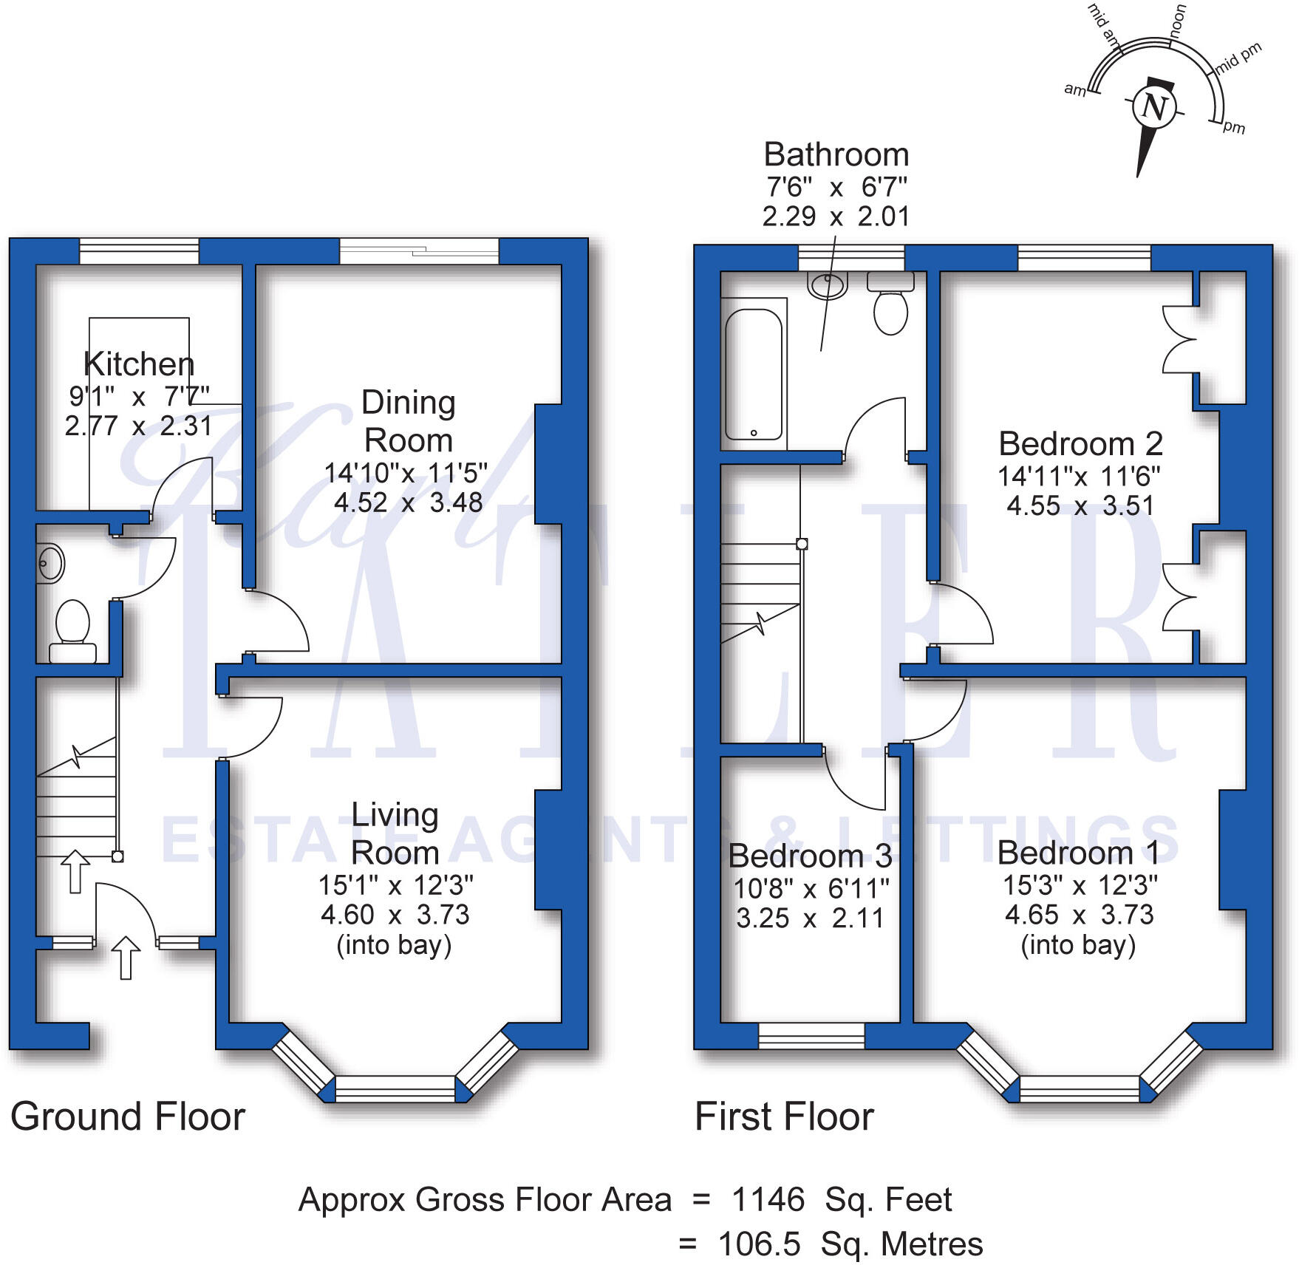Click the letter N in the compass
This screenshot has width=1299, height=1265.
1154,107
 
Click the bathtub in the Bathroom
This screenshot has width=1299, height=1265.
753,375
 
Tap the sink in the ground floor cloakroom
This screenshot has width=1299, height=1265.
50,564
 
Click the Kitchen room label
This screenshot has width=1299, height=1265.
139,364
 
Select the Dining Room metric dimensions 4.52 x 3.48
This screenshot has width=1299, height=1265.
408,502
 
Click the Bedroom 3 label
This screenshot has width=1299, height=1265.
810,856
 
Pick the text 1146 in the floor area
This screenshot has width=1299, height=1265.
768,1199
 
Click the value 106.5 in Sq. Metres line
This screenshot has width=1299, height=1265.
759,1244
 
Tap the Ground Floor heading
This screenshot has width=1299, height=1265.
128,1116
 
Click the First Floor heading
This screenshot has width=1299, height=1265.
784,1116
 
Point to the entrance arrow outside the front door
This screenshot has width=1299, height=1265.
126,957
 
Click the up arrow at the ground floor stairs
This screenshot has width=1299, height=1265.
75,870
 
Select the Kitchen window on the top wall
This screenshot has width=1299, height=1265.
139,251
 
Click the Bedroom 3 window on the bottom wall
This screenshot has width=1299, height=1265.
811,1035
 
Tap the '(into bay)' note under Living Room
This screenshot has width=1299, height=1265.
394,945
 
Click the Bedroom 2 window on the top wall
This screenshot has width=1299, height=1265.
1084,258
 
